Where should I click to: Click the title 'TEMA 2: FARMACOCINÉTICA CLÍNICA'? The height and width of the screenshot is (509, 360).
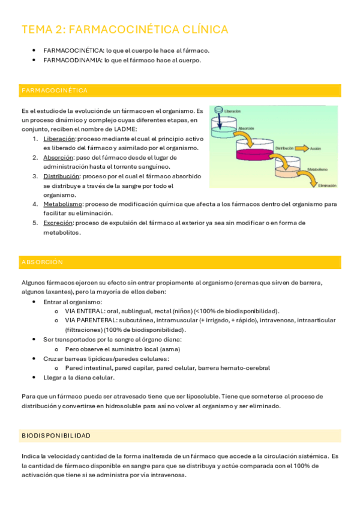coord(125,29)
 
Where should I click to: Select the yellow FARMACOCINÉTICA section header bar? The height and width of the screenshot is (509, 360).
coord(180,91)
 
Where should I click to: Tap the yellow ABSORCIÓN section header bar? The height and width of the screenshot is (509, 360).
coord(180,262)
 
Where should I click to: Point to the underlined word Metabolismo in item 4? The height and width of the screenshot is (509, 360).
coord(62,204)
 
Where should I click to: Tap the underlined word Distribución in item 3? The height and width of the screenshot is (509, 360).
coord(61,176)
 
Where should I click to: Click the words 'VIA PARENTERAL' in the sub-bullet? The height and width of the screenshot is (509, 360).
coord(88,321)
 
